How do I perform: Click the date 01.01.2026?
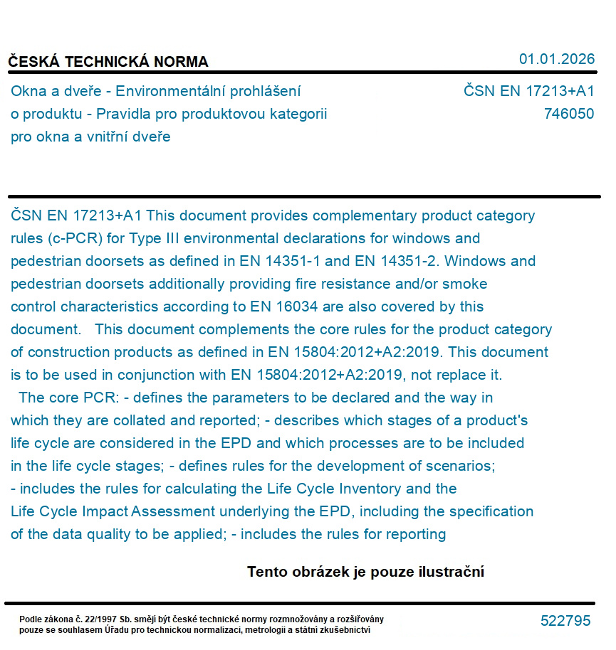[x=556, y=59]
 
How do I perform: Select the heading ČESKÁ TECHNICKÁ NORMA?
[x=108, y=62]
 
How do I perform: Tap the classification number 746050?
[x=568, y=114]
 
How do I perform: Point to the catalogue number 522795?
[x=565, y=621]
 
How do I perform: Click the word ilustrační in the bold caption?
[x=451, y=572]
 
